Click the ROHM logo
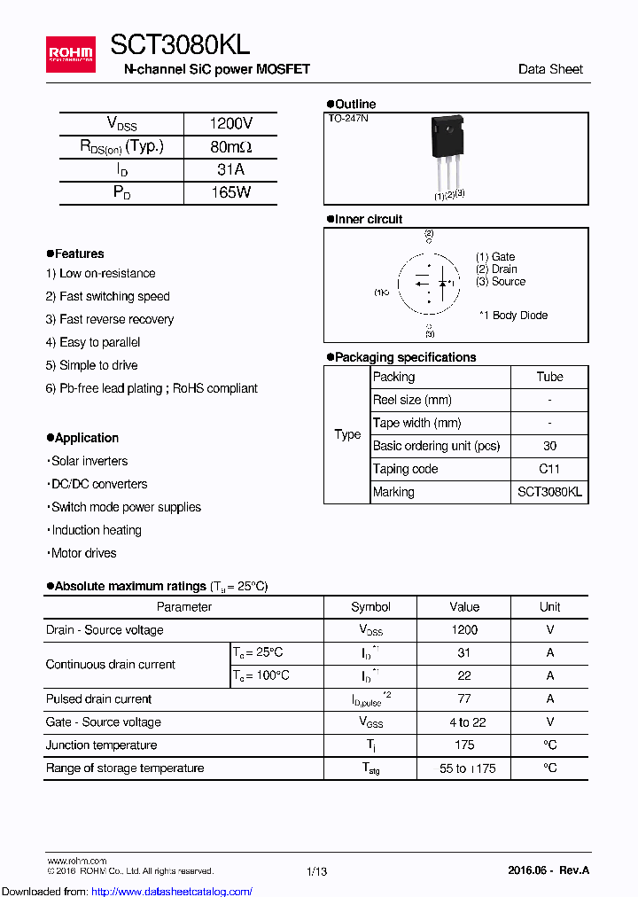click(x=70, y=54)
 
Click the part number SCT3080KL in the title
click(x=180, y=45)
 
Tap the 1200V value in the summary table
click(x=230, y=124)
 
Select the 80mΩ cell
click(x=230, y=147)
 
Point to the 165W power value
click(x=230, y=192)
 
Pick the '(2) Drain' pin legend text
click(x=496, y=269)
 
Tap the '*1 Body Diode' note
click(x=513, y=316)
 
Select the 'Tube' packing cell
click(x=549, y=377)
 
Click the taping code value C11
click(x=549, y=469)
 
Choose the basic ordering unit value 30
click(x=549, y=446)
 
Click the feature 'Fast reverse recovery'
click(x=115, y=319)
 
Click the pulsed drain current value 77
click(x=464, y=699)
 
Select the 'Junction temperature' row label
click(x=102, y=745)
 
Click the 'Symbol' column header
click(x=370, y=607)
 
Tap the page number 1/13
click(x=316, y=872)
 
